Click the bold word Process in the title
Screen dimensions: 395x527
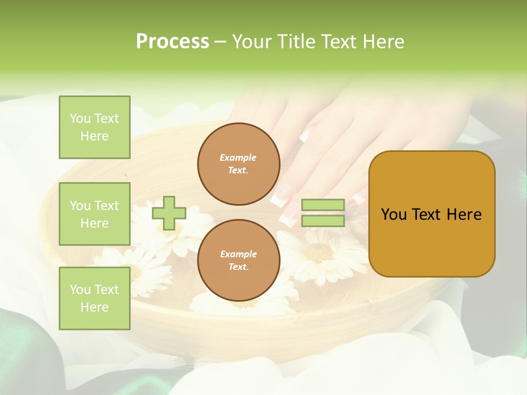(x=172, y=42)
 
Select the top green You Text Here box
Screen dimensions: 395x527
(x=94, y=127)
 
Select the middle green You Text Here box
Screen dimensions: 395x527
(x=94, y=214)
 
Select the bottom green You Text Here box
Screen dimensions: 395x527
(x=94, y=298)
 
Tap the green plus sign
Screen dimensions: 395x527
(x=169, y=213)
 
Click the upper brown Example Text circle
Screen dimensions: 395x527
(x=238, y=164)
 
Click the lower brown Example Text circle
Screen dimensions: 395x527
(x=238, y=261)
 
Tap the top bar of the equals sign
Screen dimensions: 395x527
(x=323, y=205)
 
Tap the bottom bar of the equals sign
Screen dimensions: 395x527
(x=323, y=221)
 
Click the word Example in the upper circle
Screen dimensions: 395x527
(x=238, y=157)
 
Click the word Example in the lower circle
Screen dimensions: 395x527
(x=238, y=254)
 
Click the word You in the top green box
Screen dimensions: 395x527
(x=80, y=119)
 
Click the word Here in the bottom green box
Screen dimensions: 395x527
(x=94, y=307)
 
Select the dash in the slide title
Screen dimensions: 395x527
(x=220, y=42)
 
